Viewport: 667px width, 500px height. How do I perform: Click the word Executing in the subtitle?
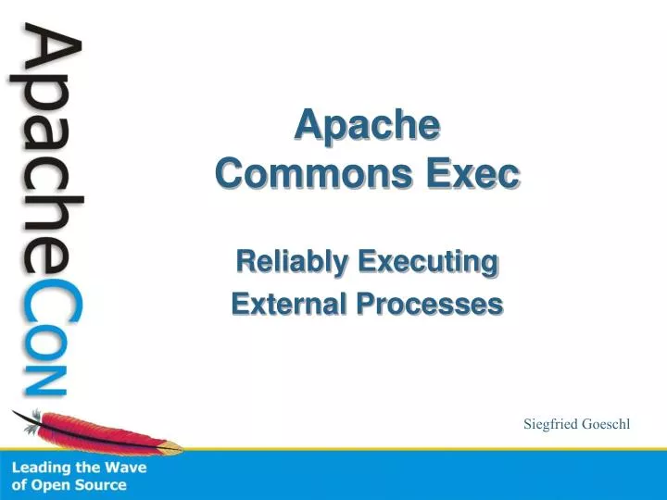tap(426, 263)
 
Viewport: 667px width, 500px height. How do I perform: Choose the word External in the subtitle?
tap(284, 304)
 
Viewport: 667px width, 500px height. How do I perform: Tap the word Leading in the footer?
tap(41, 468)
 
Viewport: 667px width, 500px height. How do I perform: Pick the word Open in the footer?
tap(51, 485)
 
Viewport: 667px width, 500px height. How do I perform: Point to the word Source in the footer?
tap(101, 485)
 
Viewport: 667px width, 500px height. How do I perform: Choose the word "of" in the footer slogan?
tap(19, 485)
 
